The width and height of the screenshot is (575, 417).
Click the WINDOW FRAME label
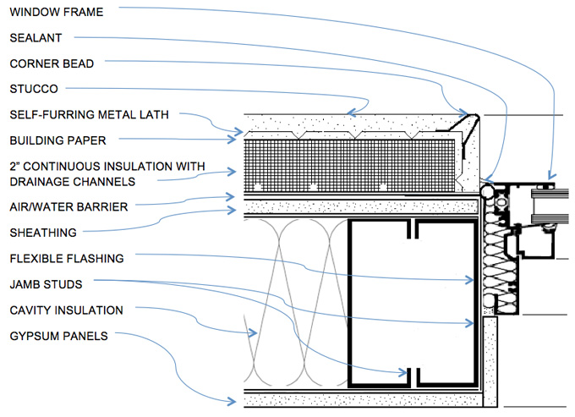point(55,12)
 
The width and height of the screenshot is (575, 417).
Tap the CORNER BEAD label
point(52,63)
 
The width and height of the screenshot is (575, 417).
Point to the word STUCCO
point(34,88)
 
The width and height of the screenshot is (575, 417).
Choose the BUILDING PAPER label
point(57,140)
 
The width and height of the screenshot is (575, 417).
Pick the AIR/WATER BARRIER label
point(68,206)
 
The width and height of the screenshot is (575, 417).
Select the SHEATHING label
point(43,232)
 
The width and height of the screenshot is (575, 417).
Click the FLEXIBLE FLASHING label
point(67,258)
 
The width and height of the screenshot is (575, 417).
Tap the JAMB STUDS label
point(47,284)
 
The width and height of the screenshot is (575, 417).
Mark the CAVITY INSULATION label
point(67,310)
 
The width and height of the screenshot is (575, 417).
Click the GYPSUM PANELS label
point(58,336)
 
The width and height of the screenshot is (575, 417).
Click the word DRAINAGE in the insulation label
point(42,180)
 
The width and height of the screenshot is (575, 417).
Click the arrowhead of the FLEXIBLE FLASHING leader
point(474,280)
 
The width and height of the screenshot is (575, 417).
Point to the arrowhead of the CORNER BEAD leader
point(468,113)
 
